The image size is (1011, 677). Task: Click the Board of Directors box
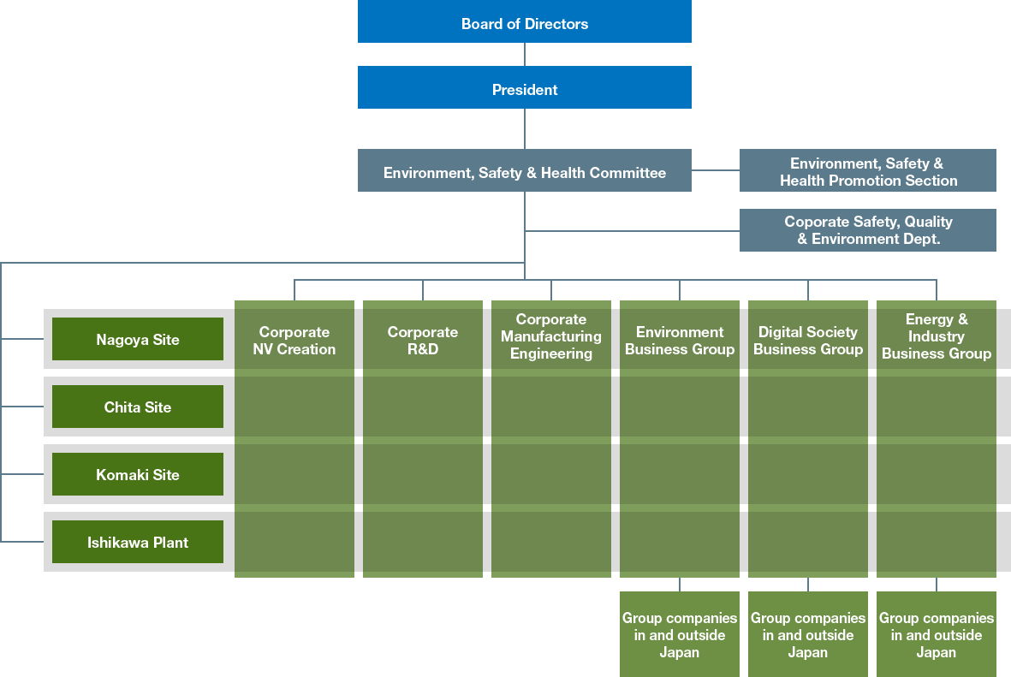tap(524, 23)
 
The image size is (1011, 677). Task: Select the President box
tap(524, 88)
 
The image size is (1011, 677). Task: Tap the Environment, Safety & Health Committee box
tap(524, 172)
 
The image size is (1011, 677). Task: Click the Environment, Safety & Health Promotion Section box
tap(867, 171)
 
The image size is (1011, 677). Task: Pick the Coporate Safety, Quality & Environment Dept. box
tap(867, 230)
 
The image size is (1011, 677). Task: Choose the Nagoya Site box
tap(138, 339)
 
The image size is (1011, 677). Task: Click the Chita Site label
tap(138, 407)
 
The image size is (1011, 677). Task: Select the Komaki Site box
tap(138, 474)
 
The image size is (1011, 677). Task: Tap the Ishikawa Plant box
tap(138, 542)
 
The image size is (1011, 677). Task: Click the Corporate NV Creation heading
tap(294, 340)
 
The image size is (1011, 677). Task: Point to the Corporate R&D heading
tap(422, 340)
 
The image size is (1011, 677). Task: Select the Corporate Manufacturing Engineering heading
tap(550, 336)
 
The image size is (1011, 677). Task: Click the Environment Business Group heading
tap(679, 340)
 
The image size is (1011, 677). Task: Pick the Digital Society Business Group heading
tap(807, 340)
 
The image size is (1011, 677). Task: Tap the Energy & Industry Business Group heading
tap(936, 336)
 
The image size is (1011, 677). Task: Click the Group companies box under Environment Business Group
tap(679, 634)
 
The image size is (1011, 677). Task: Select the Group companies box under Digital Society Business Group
tap(807, 634)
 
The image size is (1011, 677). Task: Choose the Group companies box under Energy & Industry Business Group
tap(936, 634)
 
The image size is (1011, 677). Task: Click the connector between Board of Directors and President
tap(524, 55)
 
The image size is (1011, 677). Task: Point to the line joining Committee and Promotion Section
tap(715, 170)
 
